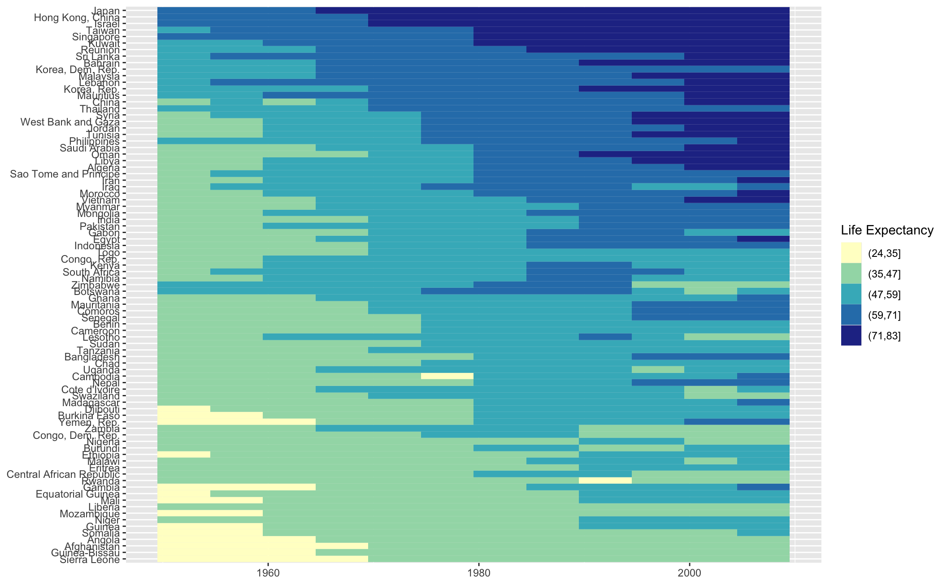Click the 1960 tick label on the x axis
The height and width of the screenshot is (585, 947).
pos(268,573)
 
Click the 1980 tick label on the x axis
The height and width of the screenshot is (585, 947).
pos(478,573)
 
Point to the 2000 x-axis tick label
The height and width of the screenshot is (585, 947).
pos(689,573)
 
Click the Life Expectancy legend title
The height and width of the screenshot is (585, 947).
pos(887,230)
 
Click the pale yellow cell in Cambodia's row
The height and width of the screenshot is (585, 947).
pos(447,376)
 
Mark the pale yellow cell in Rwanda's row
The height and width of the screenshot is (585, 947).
pos(605,481)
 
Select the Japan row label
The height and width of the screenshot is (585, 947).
pos(105,11)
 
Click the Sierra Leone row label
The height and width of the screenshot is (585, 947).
pos(90,559)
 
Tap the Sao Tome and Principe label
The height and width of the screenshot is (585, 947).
pos(65,174)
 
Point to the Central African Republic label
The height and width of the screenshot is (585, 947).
pos(63,474)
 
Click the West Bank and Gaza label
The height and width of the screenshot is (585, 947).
pos(70,122)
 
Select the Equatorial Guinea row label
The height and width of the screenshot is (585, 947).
pos(78,494)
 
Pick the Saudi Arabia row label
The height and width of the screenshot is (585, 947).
pos(90,148)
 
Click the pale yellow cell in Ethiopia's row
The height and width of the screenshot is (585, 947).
pos(184,455)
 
